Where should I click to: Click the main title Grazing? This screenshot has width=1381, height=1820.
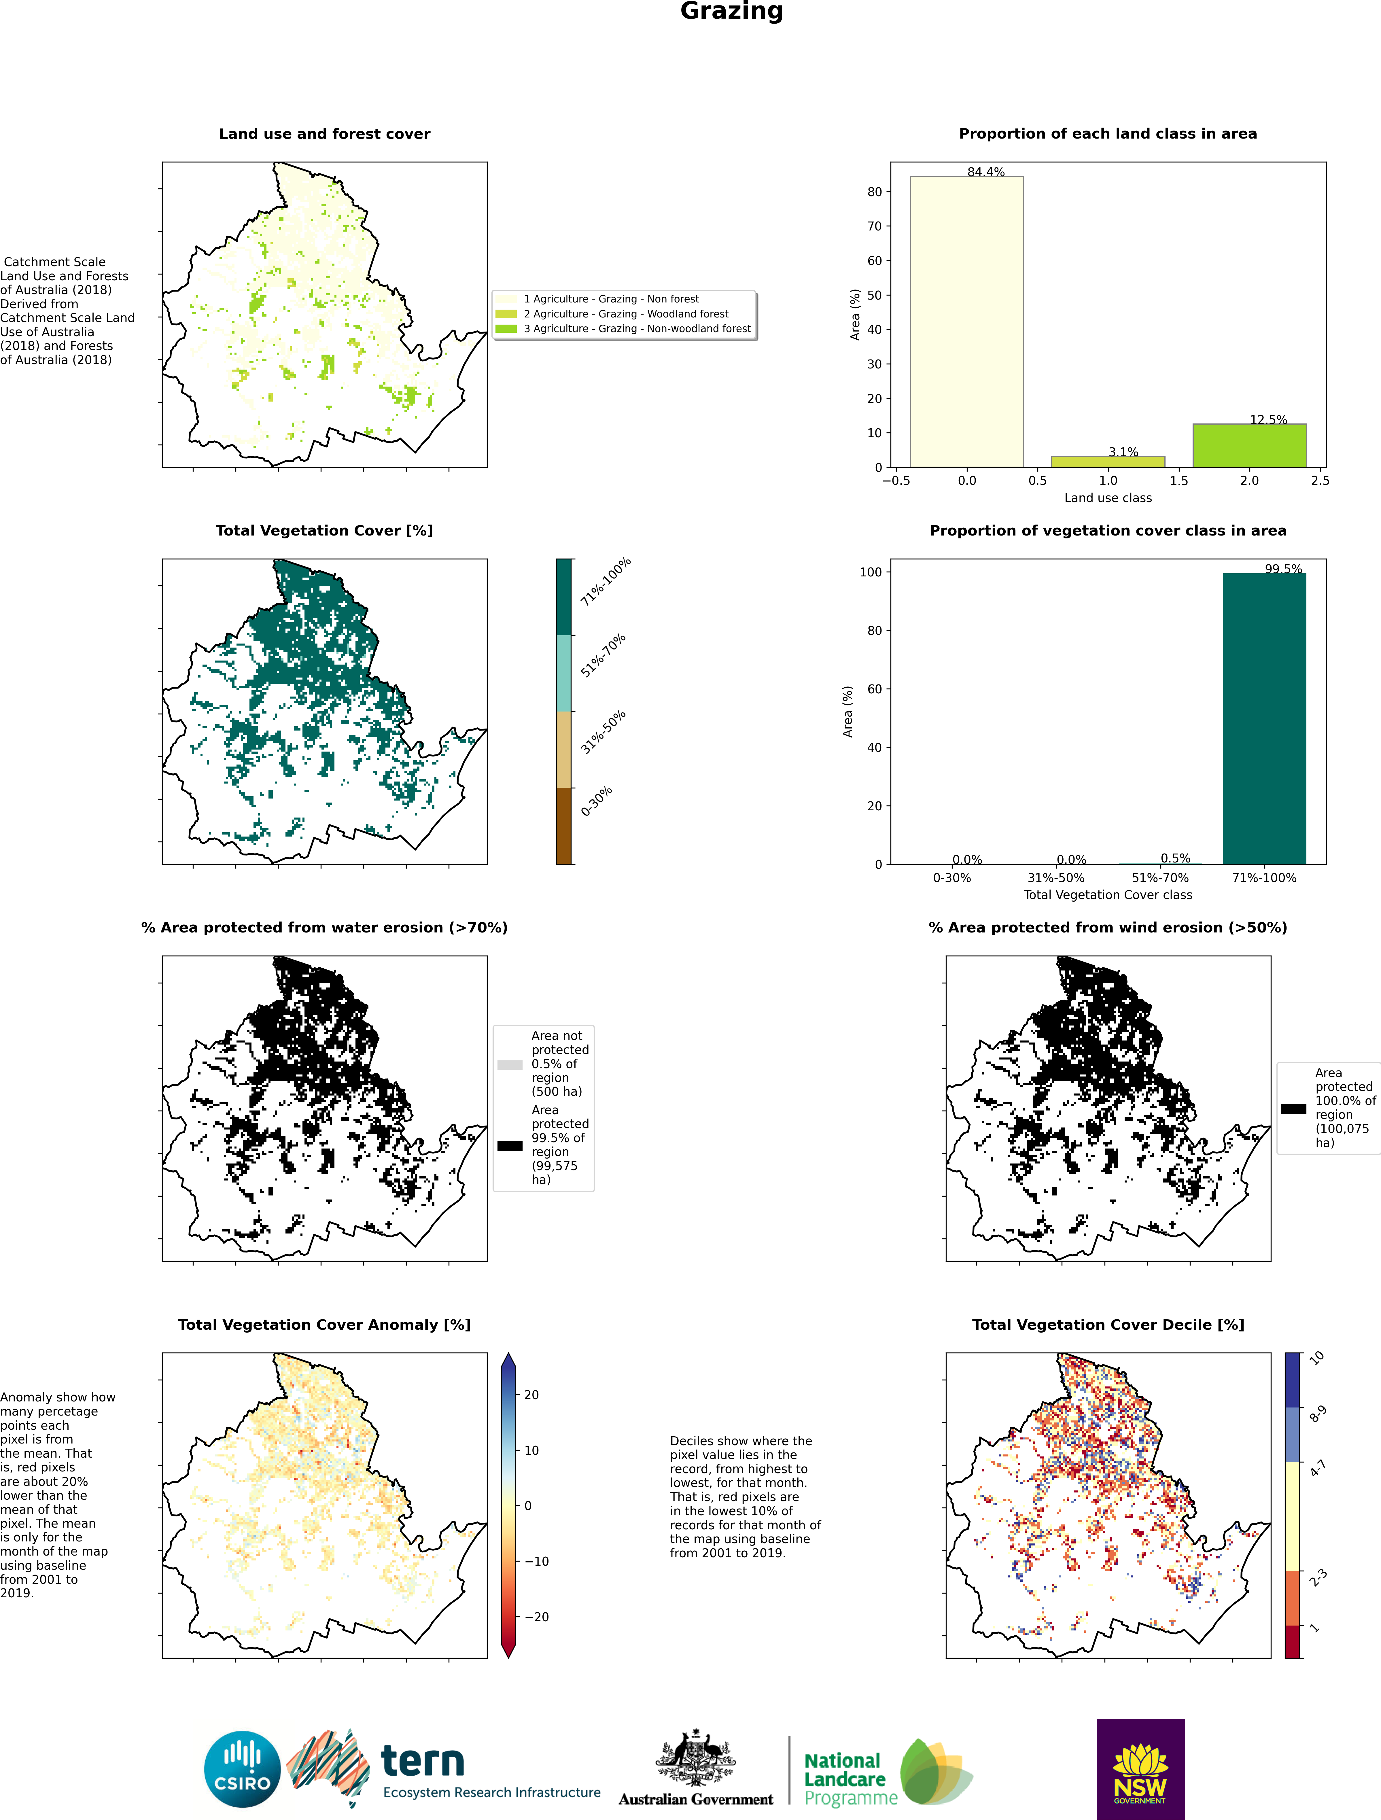[731, 12]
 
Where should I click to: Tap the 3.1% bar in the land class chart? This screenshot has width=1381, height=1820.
[1108, 461]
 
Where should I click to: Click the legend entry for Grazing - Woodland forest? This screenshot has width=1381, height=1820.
[625, 313]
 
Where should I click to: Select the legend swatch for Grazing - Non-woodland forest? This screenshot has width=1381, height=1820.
[506, 328]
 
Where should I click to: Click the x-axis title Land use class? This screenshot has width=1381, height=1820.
[1108, 498]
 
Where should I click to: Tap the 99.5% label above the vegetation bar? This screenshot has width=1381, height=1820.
[1283, 569]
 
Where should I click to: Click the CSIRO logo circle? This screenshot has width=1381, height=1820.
[243, 1769]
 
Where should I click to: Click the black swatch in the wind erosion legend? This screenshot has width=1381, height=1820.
[1293, 1108]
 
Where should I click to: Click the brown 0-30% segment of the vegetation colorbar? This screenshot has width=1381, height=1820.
[564, 825]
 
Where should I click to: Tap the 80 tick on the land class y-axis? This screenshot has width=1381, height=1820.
[874, 192]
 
